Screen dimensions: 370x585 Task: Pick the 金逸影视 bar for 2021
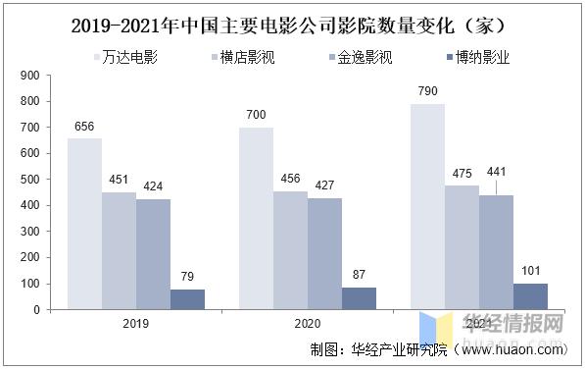pos(496,252)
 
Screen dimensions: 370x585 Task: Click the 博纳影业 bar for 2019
pos(187,299)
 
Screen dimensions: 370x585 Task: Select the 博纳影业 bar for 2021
pos(530,296)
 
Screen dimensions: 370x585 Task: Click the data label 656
pos(84,127)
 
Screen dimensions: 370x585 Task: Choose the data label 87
pos(359,275)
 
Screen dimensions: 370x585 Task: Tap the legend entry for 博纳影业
pos(475,57)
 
